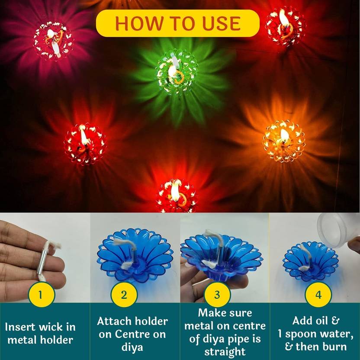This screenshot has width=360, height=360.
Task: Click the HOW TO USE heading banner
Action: (177, 23)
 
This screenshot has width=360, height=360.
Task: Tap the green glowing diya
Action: (177, 68)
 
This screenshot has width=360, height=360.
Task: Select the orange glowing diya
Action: (283, 141)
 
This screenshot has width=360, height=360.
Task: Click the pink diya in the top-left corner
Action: (53, 40)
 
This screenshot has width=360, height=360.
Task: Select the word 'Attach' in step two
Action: (114, 321)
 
